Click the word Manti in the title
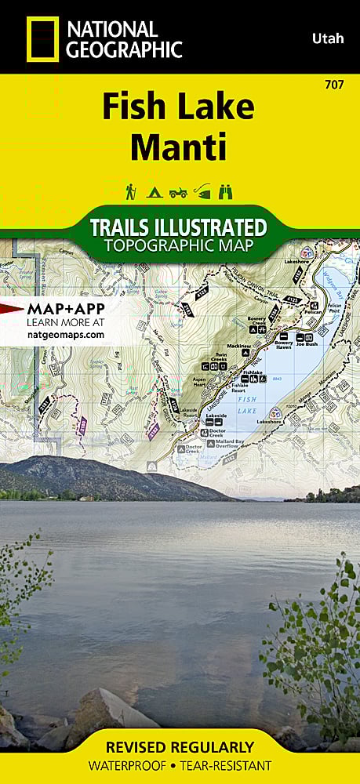coord(179,146)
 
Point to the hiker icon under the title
coord(131,191)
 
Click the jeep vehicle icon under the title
coord(179,192)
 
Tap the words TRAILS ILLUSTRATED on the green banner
coord(179,228)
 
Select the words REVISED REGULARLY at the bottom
coord(180,746)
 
